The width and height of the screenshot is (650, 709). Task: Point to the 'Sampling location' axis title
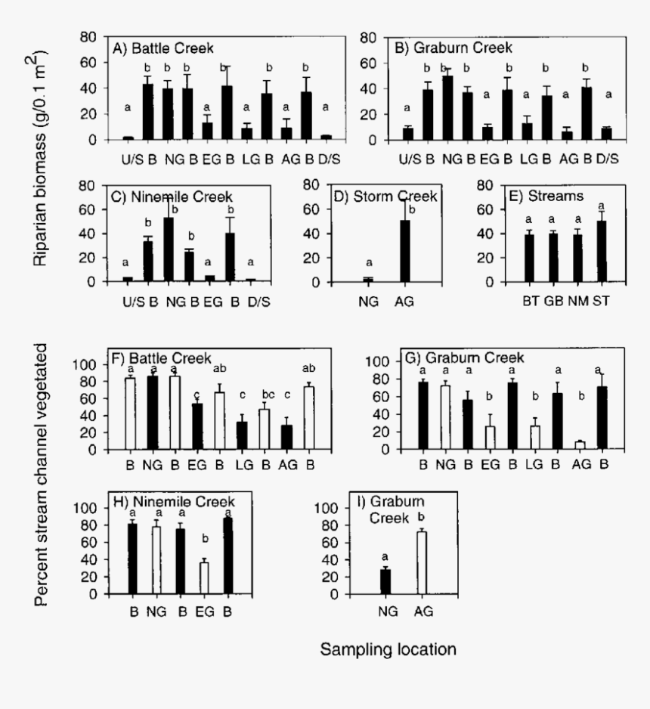click(x=387, y=649)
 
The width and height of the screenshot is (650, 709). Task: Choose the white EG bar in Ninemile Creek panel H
click(x=204, y=577)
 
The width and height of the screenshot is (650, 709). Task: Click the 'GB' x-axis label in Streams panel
click(x=554, y=300)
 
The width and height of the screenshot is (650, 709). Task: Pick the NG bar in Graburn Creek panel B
click(x=447, y=108)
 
